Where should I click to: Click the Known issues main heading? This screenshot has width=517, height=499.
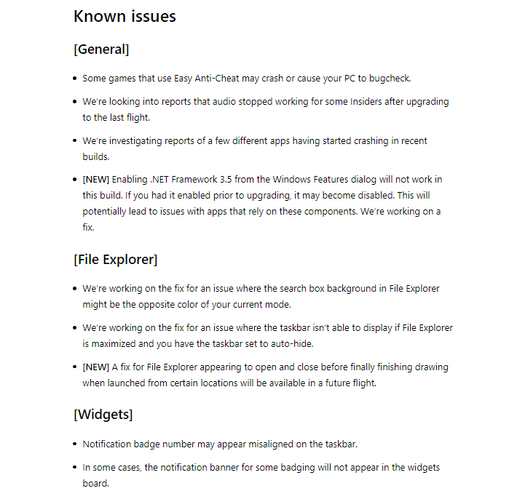pyautogui.click(x=125, y=16)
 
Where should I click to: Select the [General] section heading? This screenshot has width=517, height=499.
pyautogui.click(x=101, y=49)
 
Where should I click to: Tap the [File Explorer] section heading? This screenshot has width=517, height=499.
pyautogui.click(x=115, y=259)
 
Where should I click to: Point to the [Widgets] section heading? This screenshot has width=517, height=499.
pyautogui.click(x=103, y=415)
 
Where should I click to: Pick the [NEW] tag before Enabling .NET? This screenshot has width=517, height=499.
pyautogui.click(x=95, y=179)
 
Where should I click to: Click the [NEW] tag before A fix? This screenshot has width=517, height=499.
pyautogui.click(x=95, y=367)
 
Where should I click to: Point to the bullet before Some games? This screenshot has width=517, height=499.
pyautogui.click(x=75, y=79)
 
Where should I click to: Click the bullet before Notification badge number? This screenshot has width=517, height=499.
pyautogui.click(x=75, y=444)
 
